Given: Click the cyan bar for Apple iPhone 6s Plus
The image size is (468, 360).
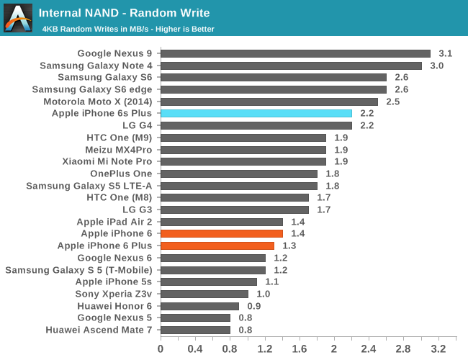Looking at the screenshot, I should [256, 113].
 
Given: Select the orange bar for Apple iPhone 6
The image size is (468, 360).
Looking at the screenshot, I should [221, 233].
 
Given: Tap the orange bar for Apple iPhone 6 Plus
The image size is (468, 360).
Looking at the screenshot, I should [217, 246].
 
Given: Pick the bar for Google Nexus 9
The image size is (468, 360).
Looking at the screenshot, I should [295, 53].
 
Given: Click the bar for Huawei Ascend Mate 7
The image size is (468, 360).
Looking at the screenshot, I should [195, 330].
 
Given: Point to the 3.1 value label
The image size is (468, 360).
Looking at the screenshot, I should [446, 53].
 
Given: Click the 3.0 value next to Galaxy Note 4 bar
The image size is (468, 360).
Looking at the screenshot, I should [437, 66].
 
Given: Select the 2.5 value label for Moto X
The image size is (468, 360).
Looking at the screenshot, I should [393, 102].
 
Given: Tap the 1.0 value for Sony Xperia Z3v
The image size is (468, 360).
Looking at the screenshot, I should [264, 294].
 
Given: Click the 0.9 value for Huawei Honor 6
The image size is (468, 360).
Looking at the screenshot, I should [254, 305].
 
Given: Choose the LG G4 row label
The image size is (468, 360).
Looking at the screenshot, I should [138, 125].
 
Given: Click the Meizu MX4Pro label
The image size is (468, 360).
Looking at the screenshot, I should [119, 150].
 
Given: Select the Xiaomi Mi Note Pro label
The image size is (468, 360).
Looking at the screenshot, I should [107, 161].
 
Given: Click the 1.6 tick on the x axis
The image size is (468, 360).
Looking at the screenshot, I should [299, 349].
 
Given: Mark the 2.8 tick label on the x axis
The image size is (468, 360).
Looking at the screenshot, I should [403, 349].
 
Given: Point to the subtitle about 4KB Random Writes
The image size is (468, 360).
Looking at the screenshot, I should [128, 29].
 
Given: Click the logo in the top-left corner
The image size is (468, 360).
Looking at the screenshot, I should [18, 18].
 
